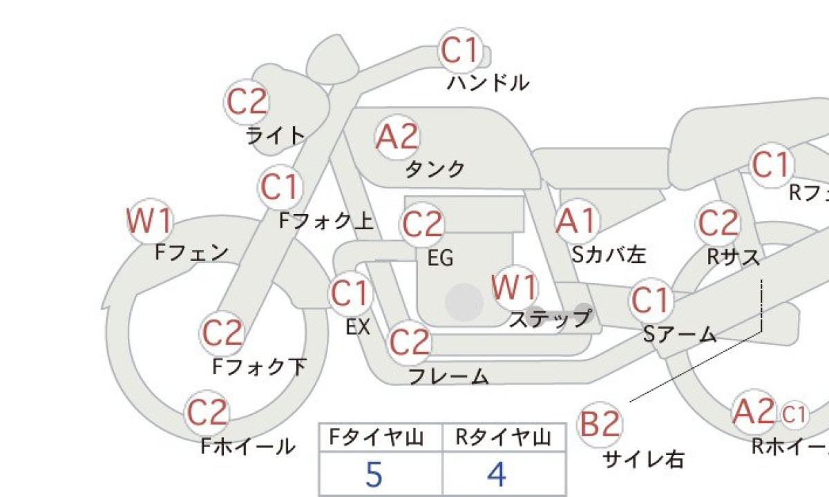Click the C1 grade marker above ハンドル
point(461,50)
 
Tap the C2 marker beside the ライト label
point(247,101)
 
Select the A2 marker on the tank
point(397,137)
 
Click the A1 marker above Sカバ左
point(578,222)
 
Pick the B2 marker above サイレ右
point(600,425)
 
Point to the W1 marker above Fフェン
point(150,221)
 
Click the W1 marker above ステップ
point(515,288)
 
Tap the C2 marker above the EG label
point(422,224)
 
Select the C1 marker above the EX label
point(350,293)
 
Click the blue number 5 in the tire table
point(374,474)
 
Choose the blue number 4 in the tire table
point(497,474)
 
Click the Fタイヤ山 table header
point(377,438)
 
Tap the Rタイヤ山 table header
point(504,438)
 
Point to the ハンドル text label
point(488,83)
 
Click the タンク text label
point(435,169)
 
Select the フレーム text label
point(448,376)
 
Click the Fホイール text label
point(248,446)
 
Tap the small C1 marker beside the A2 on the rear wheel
point(794,415)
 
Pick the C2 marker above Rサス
point(718,224)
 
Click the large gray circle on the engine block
point(464,302)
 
